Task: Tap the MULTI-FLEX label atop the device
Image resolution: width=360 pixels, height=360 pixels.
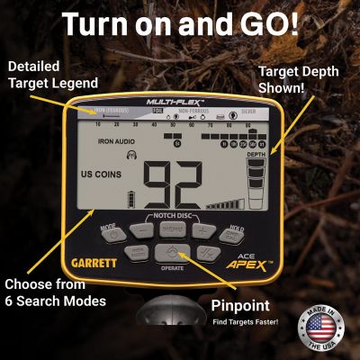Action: point(176,103)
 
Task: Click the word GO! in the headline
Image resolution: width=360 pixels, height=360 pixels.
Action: point(274,26)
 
